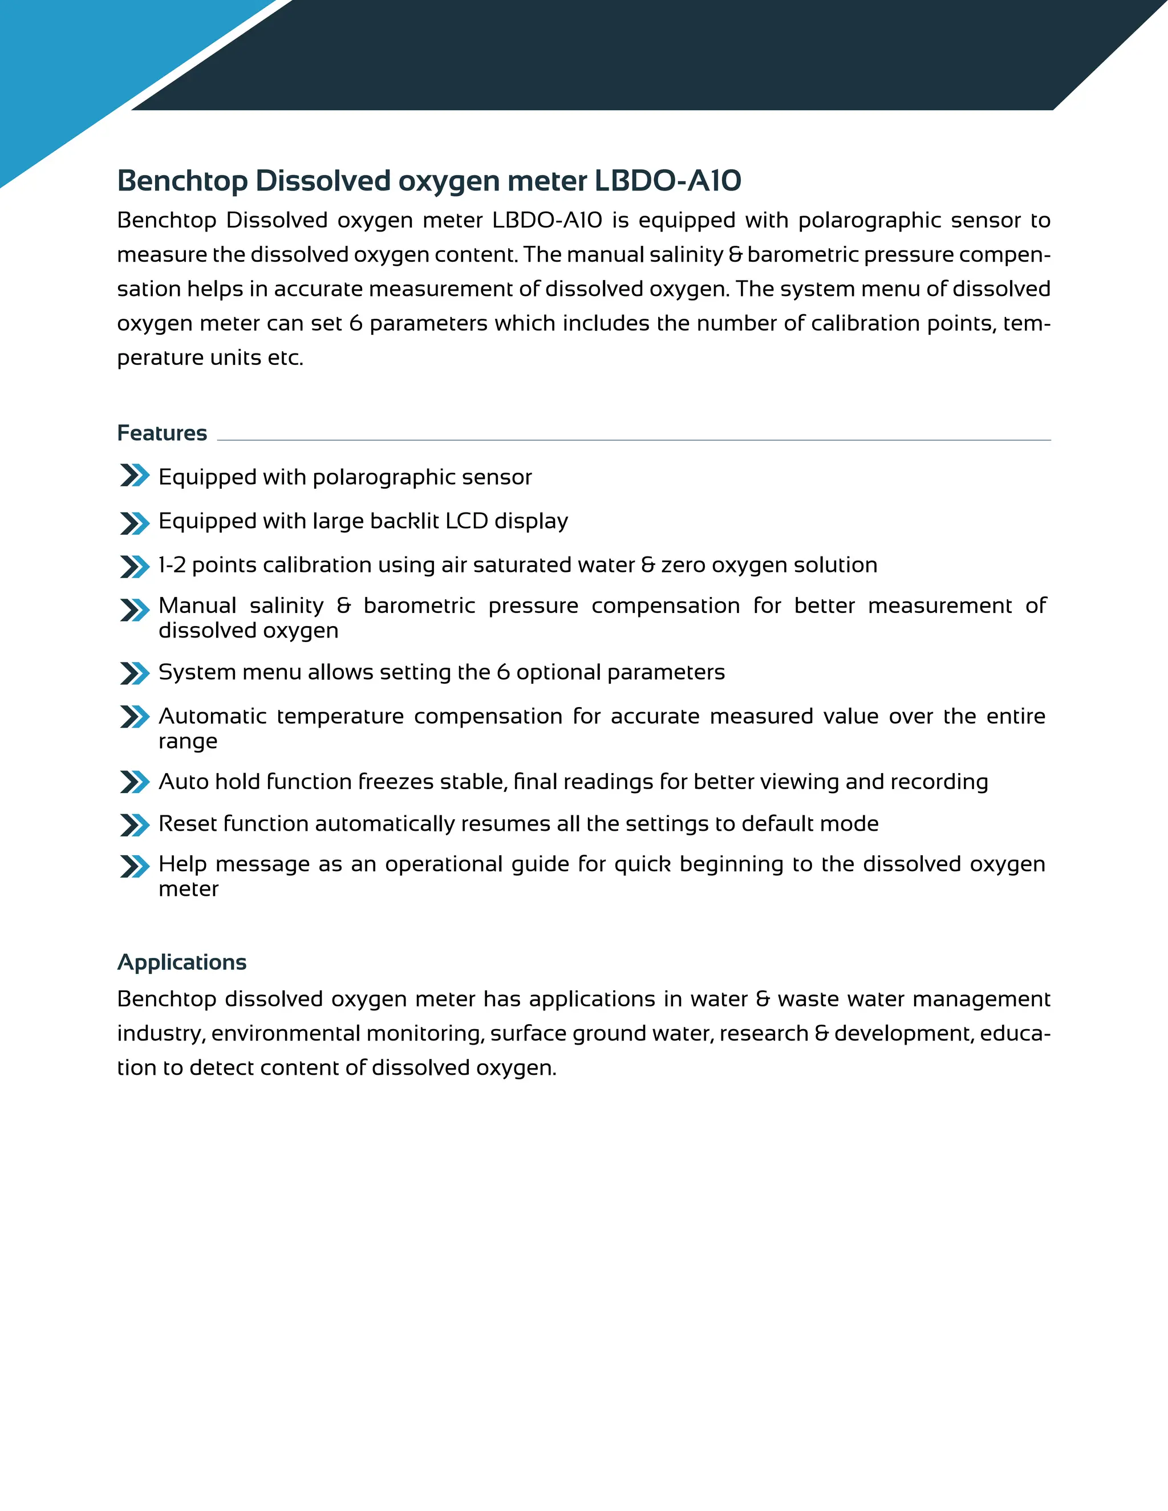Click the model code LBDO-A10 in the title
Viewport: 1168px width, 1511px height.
(x=668, y=181)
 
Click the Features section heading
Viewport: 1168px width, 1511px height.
(x=162, y=433)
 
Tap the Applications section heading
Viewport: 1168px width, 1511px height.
(x=181, y=962)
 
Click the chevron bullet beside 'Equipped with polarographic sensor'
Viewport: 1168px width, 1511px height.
(x=134, y=476)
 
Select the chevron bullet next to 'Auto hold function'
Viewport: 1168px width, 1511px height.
(x=134, y=782)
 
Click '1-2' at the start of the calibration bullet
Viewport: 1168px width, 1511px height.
(x=172, y=565)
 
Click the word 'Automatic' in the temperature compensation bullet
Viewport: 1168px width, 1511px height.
(x=212, y=716)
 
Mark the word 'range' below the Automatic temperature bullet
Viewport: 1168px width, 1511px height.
(x=188, y=742)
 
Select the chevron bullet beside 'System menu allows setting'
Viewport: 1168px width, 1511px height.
(x=134, y=673)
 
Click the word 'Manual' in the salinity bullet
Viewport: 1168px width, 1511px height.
(x=197, y=606)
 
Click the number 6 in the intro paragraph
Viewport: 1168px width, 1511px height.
(x=356, y=324)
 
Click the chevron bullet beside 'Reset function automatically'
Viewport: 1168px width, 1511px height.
(x=134, y=824)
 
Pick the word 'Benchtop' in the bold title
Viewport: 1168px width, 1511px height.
(x=182, y=181)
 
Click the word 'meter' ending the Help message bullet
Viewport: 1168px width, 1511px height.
(x=188, y=889)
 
